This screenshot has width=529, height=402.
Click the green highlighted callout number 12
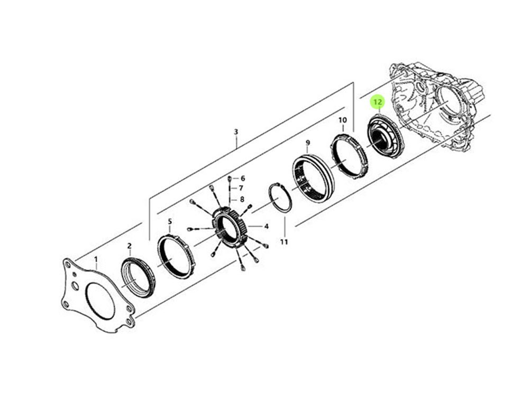[378, 102]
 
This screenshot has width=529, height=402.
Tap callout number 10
[342, 120]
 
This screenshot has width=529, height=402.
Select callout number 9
[308, 143]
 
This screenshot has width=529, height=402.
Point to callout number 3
[236, 132]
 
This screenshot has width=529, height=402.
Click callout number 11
[284, 241]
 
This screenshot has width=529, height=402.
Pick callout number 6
[243, 179]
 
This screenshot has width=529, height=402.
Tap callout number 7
[241, 189]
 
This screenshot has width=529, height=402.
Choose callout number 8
[242, 200]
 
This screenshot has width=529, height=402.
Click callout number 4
[266, 227]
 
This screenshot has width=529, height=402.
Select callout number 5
[170, 221]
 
